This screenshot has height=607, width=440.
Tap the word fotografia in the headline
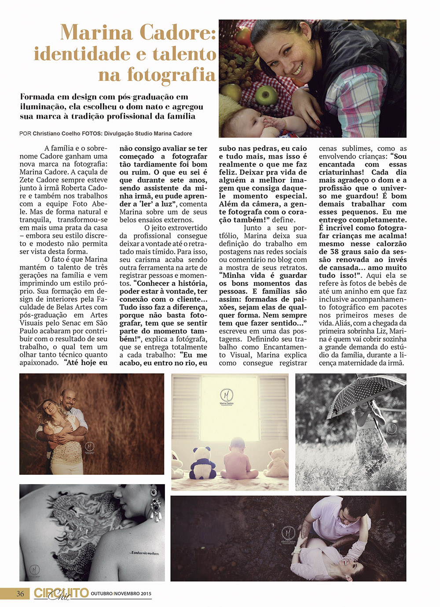157,75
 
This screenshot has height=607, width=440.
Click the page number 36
20,593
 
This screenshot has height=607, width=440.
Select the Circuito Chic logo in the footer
61,593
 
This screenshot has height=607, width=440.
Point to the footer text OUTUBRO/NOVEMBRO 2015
121,594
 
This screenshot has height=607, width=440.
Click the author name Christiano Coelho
56,133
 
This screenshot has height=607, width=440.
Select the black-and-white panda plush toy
202,461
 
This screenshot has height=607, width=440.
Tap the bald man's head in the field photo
67,397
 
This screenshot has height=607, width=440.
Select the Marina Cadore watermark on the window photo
227,397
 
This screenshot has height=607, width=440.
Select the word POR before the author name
25,133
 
